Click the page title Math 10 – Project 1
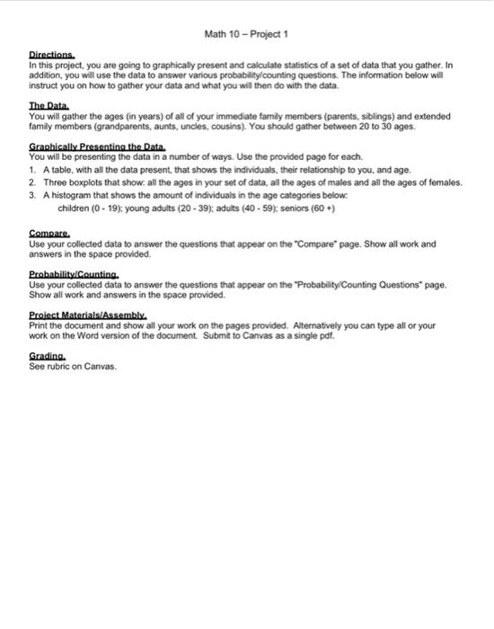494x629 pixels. (245, 35)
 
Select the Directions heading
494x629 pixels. (52, 55)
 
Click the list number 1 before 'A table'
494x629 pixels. (32, 168)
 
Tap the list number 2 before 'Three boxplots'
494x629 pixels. (32, 181)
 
